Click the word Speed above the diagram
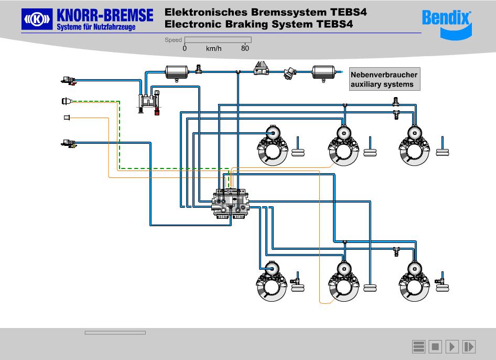click(173, 40)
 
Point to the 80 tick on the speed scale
click(245, 48)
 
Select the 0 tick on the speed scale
click(185, 48)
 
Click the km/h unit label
click(214, 48)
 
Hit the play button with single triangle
click(452, 347)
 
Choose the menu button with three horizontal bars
click(418, 347)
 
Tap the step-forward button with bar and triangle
click(469, 347)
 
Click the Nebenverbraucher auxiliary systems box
click(385, 79)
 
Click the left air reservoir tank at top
click(177, 72)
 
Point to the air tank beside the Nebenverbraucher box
click(324, 72)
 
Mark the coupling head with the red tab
click(68, 81)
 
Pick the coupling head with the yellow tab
click(68, 143)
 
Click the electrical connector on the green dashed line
click(66, 101)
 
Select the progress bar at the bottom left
click(115, 332)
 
